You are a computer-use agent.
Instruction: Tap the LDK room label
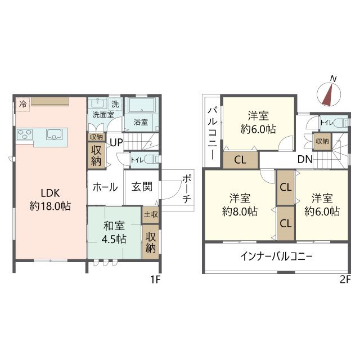[x=50, y=198]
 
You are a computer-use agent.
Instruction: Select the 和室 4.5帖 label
[x=114, y=232]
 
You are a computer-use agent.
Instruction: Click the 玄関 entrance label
[x=142, y=187]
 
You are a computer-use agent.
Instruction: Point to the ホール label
[x=105, y=187]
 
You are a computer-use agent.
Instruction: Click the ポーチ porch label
[x=186, y=190]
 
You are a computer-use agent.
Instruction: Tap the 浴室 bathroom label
[x=141, y=121]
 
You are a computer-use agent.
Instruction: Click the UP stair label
[x=116, y=142]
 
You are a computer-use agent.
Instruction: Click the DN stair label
[x=305, y=159]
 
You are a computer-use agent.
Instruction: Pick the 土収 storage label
[x=150, y=214]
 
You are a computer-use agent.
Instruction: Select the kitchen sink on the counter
[x=55, y=133]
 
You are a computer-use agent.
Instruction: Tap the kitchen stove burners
[x=25, y=134]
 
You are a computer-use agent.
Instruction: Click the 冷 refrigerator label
[x=22, y=103]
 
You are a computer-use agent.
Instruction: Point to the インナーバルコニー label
[x=276, y=257]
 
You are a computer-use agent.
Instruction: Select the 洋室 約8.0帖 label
[x=240, y=205]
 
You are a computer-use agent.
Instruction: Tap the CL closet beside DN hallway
[x=240, y=160]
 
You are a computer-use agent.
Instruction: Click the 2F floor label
[x=344, y=280]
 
